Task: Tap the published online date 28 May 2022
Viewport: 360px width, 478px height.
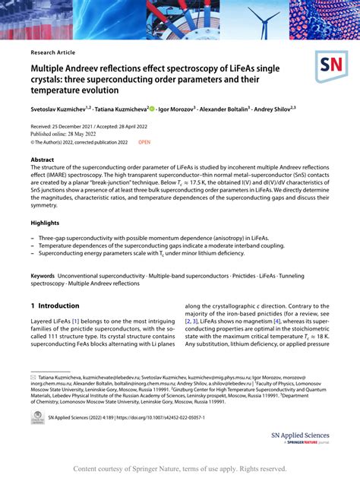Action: (x=94, y=133)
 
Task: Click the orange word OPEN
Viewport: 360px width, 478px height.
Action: (x=144, y=141)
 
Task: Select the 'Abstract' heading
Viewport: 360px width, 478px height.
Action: (x=43, y=160)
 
